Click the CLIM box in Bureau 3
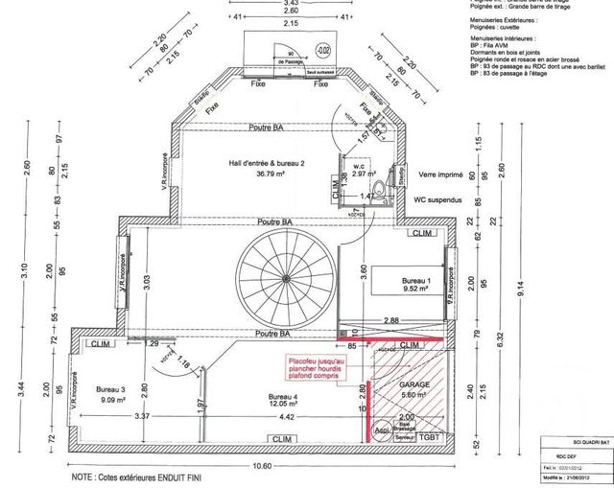click(x=100, y=344)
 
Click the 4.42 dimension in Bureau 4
click(x=288, y=417)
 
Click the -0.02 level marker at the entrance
click(x=323, y=49)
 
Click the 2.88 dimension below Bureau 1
click(x=391, y=318)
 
